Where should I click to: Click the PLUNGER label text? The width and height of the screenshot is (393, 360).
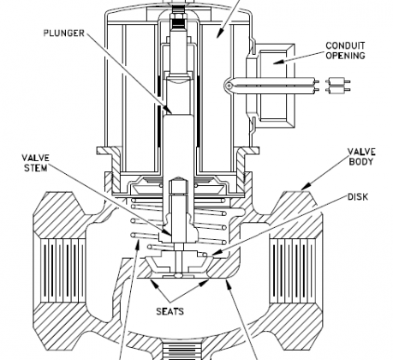[x=64, y=33]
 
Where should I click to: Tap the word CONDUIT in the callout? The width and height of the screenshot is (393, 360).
[x=345, y=45]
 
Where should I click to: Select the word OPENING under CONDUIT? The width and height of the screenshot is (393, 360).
[x=345, y=56]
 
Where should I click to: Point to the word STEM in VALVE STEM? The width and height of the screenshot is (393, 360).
[x=36, y=168]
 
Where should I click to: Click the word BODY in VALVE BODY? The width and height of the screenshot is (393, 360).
[x=361, y=161]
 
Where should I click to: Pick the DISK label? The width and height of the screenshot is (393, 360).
[x=358, y=197]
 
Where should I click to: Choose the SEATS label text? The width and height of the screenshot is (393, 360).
[x=170, y=311]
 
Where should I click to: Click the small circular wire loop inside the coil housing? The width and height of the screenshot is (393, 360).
[x=229, y=86]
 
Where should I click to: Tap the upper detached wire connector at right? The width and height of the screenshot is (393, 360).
[x=338, y=81]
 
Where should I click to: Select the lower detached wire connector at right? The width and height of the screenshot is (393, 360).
[x=338, y=90]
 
